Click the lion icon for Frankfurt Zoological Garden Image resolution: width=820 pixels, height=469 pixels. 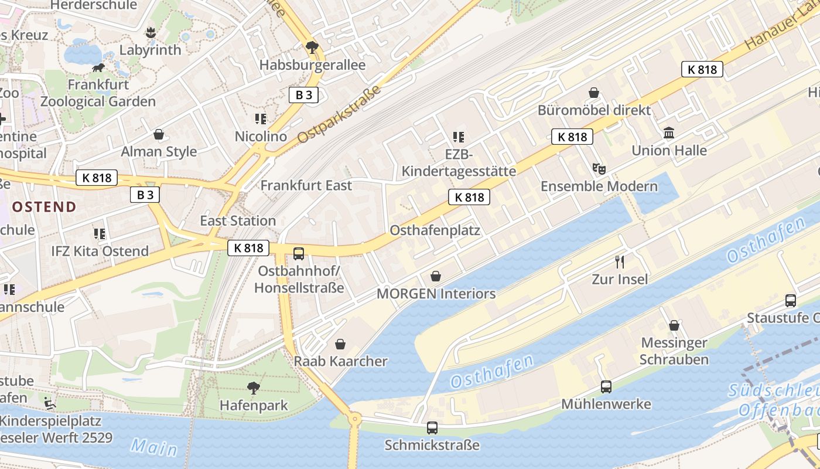pos(98,68)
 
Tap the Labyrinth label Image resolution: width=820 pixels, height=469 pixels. pos(151,50)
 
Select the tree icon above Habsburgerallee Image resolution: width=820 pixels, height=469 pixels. pos(312,47)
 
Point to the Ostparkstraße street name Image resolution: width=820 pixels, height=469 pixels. pos(339,114)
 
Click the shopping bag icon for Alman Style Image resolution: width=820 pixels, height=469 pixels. pos(159,134)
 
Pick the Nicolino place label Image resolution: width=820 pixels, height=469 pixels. pos(261,137)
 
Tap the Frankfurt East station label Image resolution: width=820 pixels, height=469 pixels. pos(306,185)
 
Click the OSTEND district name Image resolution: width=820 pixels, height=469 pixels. pos(45,206)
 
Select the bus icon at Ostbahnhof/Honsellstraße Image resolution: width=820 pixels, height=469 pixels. pos(299,254)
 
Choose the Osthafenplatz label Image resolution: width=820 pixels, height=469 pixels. pos(435,230)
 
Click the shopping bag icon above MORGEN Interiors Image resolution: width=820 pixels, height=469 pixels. pos(436,276)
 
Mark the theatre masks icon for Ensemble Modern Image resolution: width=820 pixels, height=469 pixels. pos(599,169)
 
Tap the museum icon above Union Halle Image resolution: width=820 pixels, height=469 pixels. pos(669,133)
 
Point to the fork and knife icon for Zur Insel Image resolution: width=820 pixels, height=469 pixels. pos(620,261)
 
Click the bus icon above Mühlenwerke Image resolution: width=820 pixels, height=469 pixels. pos(606,387)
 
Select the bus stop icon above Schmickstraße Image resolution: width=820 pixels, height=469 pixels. pos(432,428)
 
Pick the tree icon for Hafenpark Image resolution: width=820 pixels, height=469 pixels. pos(254,388)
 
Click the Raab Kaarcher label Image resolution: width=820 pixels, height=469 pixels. pos(340,361)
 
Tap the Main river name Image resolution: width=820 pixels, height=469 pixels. pos(154,447)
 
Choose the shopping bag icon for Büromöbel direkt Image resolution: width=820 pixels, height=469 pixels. pos(594,93)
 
